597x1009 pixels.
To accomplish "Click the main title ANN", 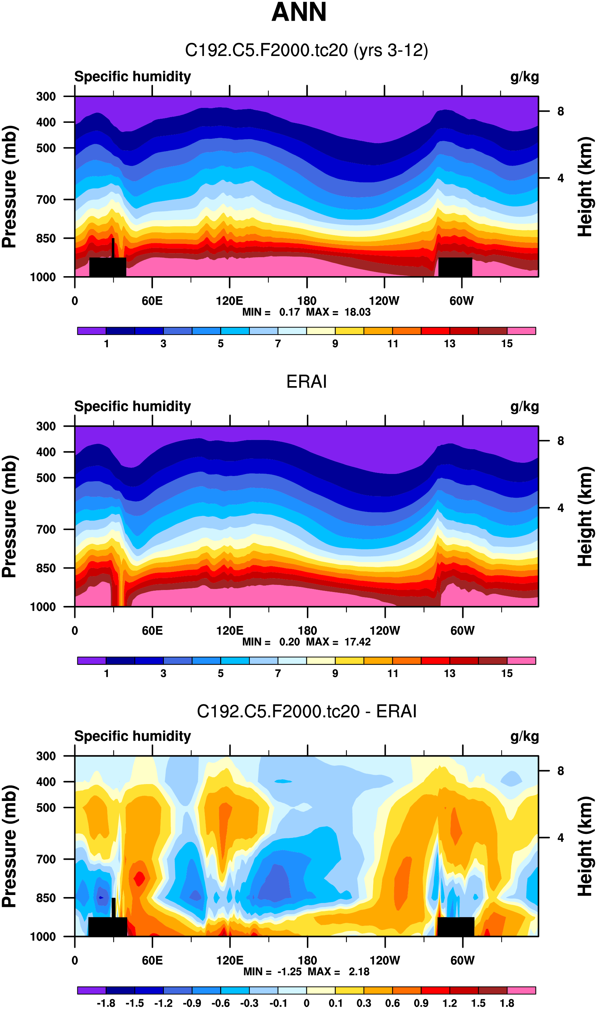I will (x=298, y=12).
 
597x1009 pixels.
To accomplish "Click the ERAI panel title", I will (x=306, y=381).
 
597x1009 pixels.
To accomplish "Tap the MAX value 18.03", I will (x=357, y=312).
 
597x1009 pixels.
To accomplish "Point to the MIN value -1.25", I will (x=289, y=971).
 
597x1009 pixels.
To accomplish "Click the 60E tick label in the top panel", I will (x=152, y=301).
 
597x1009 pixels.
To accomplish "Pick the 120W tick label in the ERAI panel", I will (x=385, y=630).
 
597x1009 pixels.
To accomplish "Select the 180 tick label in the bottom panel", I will (x=307, y=960).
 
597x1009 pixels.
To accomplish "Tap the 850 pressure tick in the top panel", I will (x=46, y=239).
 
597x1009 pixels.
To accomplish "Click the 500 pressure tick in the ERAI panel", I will (x=46, y=478).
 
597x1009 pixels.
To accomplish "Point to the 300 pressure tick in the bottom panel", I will (x=46, y=756).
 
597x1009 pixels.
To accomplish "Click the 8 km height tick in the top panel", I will (x=560, y=111).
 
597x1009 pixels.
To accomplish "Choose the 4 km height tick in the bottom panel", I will (x=560, y=838).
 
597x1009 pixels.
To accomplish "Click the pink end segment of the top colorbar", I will (x=521, y=331).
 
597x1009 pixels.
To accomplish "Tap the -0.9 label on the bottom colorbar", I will (x=192, y=1003).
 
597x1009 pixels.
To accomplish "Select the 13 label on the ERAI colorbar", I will (x=450, y=673).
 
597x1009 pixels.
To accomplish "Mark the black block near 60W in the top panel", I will (x=455, y=267).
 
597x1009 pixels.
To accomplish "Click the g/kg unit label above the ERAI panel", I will (x=524, y=407).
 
